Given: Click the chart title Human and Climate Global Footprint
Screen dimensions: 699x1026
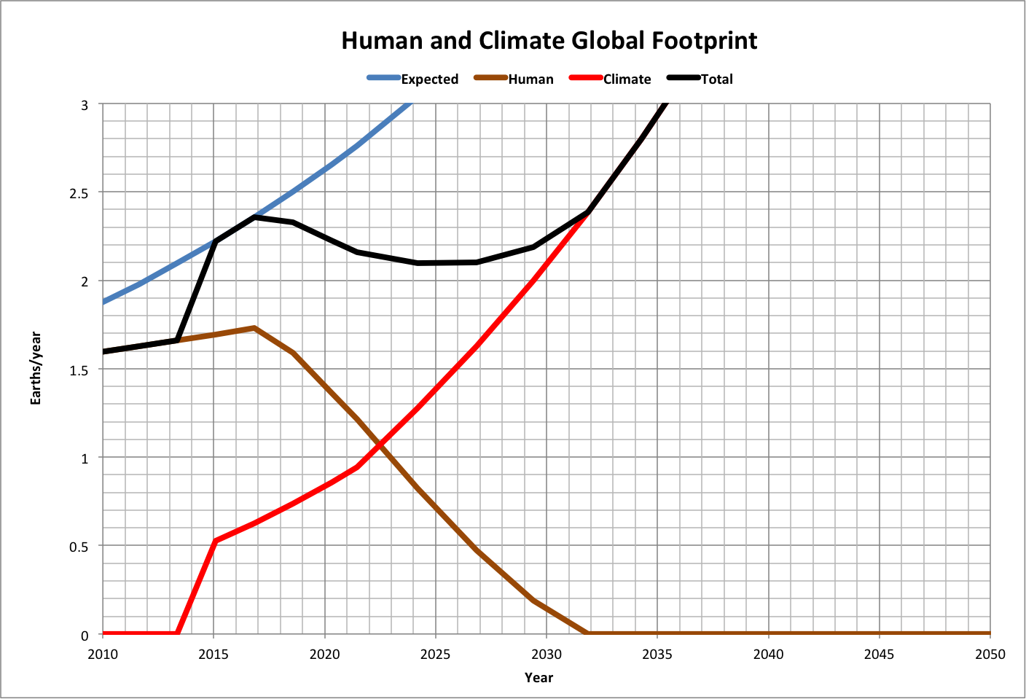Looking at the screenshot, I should point(549,41).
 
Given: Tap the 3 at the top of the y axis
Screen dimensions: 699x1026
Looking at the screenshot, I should point(85,105).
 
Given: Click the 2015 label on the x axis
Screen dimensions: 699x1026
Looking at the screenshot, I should point(214,655).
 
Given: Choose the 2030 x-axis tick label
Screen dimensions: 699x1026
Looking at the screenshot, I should point(547,655).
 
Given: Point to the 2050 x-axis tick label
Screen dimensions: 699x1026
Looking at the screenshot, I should point(990,655).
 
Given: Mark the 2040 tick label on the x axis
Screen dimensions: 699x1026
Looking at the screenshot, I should point(768,655).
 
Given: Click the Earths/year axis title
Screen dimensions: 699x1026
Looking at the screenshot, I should point(36,369).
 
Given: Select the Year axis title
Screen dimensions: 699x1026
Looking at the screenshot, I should point(539,678).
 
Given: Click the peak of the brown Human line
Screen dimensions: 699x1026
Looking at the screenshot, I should point(254,328).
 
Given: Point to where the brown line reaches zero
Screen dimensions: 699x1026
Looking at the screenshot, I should point(588,633).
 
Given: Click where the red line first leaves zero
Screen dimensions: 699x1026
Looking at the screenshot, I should point(178,633).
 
